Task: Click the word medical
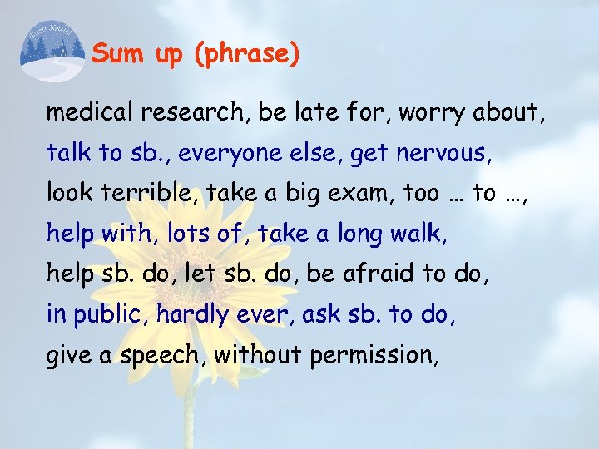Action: (92, 112)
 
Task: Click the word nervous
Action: (449, 153)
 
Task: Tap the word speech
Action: (159, 356)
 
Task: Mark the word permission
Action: (373, 356)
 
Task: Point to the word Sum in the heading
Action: (111, 54)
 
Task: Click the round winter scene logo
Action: (52, 50)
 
